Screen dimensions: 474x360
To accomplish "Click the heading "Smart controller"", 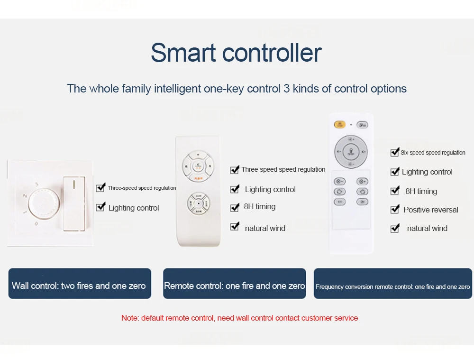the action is point(236,53).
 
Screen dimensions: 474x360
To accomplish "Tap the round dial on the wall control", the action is point(44,203).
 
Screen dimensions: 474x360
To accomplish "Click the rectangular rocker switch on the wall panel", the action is point(74,203).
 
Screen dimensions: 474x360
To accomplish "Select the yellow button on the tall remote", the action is point(340,124).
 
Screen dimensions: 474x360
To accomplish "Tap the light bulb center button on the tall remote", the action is point(351,152).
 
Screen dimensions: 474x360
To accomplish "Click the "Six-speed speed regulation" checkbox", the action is point(395,152).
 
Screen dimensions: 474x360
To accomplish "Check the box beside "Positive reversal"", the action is point(395,209).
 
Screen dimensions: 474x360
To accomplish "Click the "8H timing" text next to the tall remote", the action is point(421,191).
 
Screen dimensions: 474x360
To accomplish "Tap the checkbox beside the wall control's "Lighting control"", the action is point(100,207).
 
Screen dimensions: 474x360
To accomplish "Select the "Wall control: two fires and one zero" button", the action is point(80,284).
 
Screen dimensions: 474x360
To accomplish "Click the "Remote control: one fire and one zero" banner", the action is point(235,284).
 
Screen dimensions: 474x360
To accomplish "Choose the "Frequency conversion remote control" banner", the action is point(392,284).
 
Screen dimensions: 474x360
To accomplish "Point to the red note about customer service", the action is point(239,318).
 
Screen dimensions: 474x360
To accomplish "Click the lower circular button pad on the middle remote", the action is point(198,203).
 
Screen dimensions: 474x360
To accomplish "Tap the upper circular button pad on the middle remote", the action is point(198,166).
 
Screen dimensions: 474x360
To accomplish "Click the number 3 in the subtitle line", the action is point(287,89).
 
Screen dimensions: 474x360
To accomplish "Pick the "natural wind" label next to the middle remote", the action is point(265,228).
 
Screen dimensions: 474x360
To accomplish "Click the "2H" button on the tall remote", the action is point(362,202).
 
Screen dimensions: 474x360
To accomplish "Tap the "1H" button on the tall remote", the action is point(340,202).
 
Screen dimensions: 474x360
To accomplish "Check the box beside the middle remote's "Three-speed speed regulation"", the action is point(235,169).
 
